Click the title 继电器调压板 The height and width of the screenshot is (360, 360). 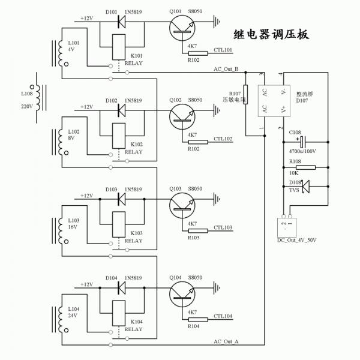(x=271, y=34)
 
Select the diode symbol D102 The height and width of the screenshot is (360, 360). (x=121, y=110)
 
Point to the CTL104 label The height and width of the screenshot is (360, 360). (x=223, y=316)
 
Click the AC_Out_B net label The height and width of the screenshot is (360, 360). (x=226, y=70)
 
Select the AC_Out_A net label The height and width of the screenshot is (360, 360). (x=226, y=341)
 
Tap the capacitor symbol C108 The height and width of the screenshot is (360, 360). (x=305, y=142)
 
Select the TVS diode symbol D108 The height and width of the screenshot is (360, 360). (x=305, y=187)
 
